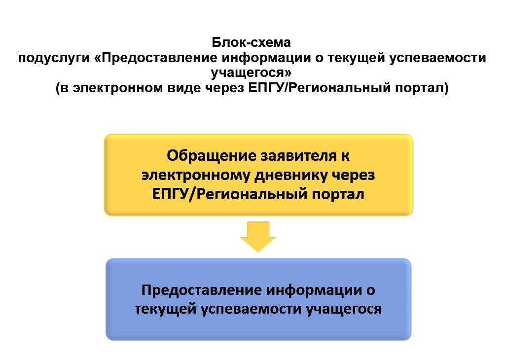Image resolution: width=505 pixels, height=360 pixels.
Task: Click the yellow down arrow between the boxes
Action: pos(258,237)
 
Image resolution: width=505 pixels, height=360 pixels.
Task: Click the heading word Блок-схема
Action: pos(251,42)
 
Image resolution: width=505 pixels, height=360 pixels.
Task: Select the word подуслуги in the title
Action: pos(54,58)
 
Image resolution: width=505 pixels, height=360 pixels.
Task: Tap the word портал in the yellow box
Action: pos(338,195)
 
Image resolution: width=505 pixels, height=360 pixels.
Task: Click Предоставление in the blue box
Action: pos(202,290)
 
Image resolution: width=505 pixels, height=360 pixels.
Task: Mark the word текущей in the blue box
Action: pos(165,309)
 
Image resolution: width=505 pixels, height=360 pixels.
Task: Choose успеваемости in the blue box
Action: pos(251,309)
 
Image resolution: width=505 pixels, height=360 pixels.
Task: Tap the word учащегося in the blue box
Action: pos(344,309)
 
